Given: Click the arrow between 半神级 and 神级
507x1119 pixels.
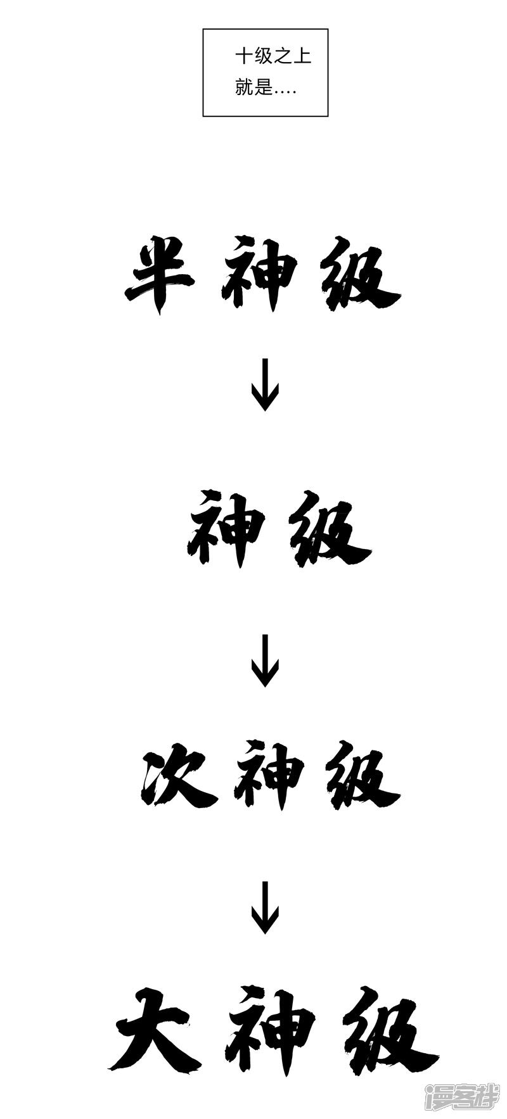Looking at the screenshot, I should (264, 385).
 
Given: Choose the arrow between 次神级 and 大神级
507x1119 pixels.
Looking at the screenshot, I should (264, 907).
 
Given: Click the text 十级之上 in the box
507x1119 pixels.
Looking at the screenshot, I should (273, 57).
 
